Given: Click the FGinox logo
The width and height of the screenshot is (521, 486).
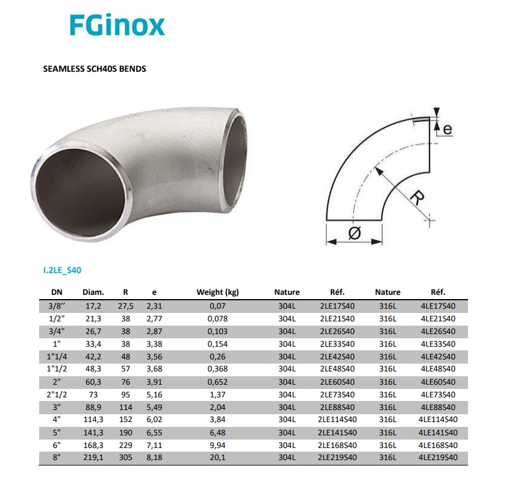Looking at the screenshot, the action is pos(117,25).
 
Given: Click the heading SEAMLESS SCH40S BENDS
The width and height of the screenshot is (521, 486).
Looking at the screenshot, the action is pos(95,69).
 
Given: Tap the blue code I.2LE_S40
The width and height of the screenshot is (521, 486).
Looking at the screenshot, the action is pos(62,270).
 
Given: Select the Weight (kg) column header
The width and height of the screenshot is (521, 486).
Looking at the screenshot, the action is pos(217,292).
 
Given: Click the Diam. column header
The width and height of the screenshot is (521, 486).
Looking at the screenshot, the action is pos(93,292).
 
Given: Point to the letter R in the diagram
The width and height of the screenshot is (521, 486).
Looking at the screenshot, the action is pos(417,198).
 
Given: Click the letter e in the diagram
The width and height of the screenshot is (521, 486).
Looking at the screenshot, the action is pos(448,130).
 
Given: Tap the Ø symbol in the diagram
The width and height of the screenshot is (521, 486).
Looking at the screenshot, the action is pos(355,233).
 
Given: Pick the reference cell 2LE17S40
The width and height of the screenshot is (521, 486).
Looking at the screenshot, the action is pos(337,306).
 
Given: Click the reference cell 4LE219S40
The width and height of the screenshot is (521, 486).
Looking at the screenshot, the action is pos(438,458).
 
